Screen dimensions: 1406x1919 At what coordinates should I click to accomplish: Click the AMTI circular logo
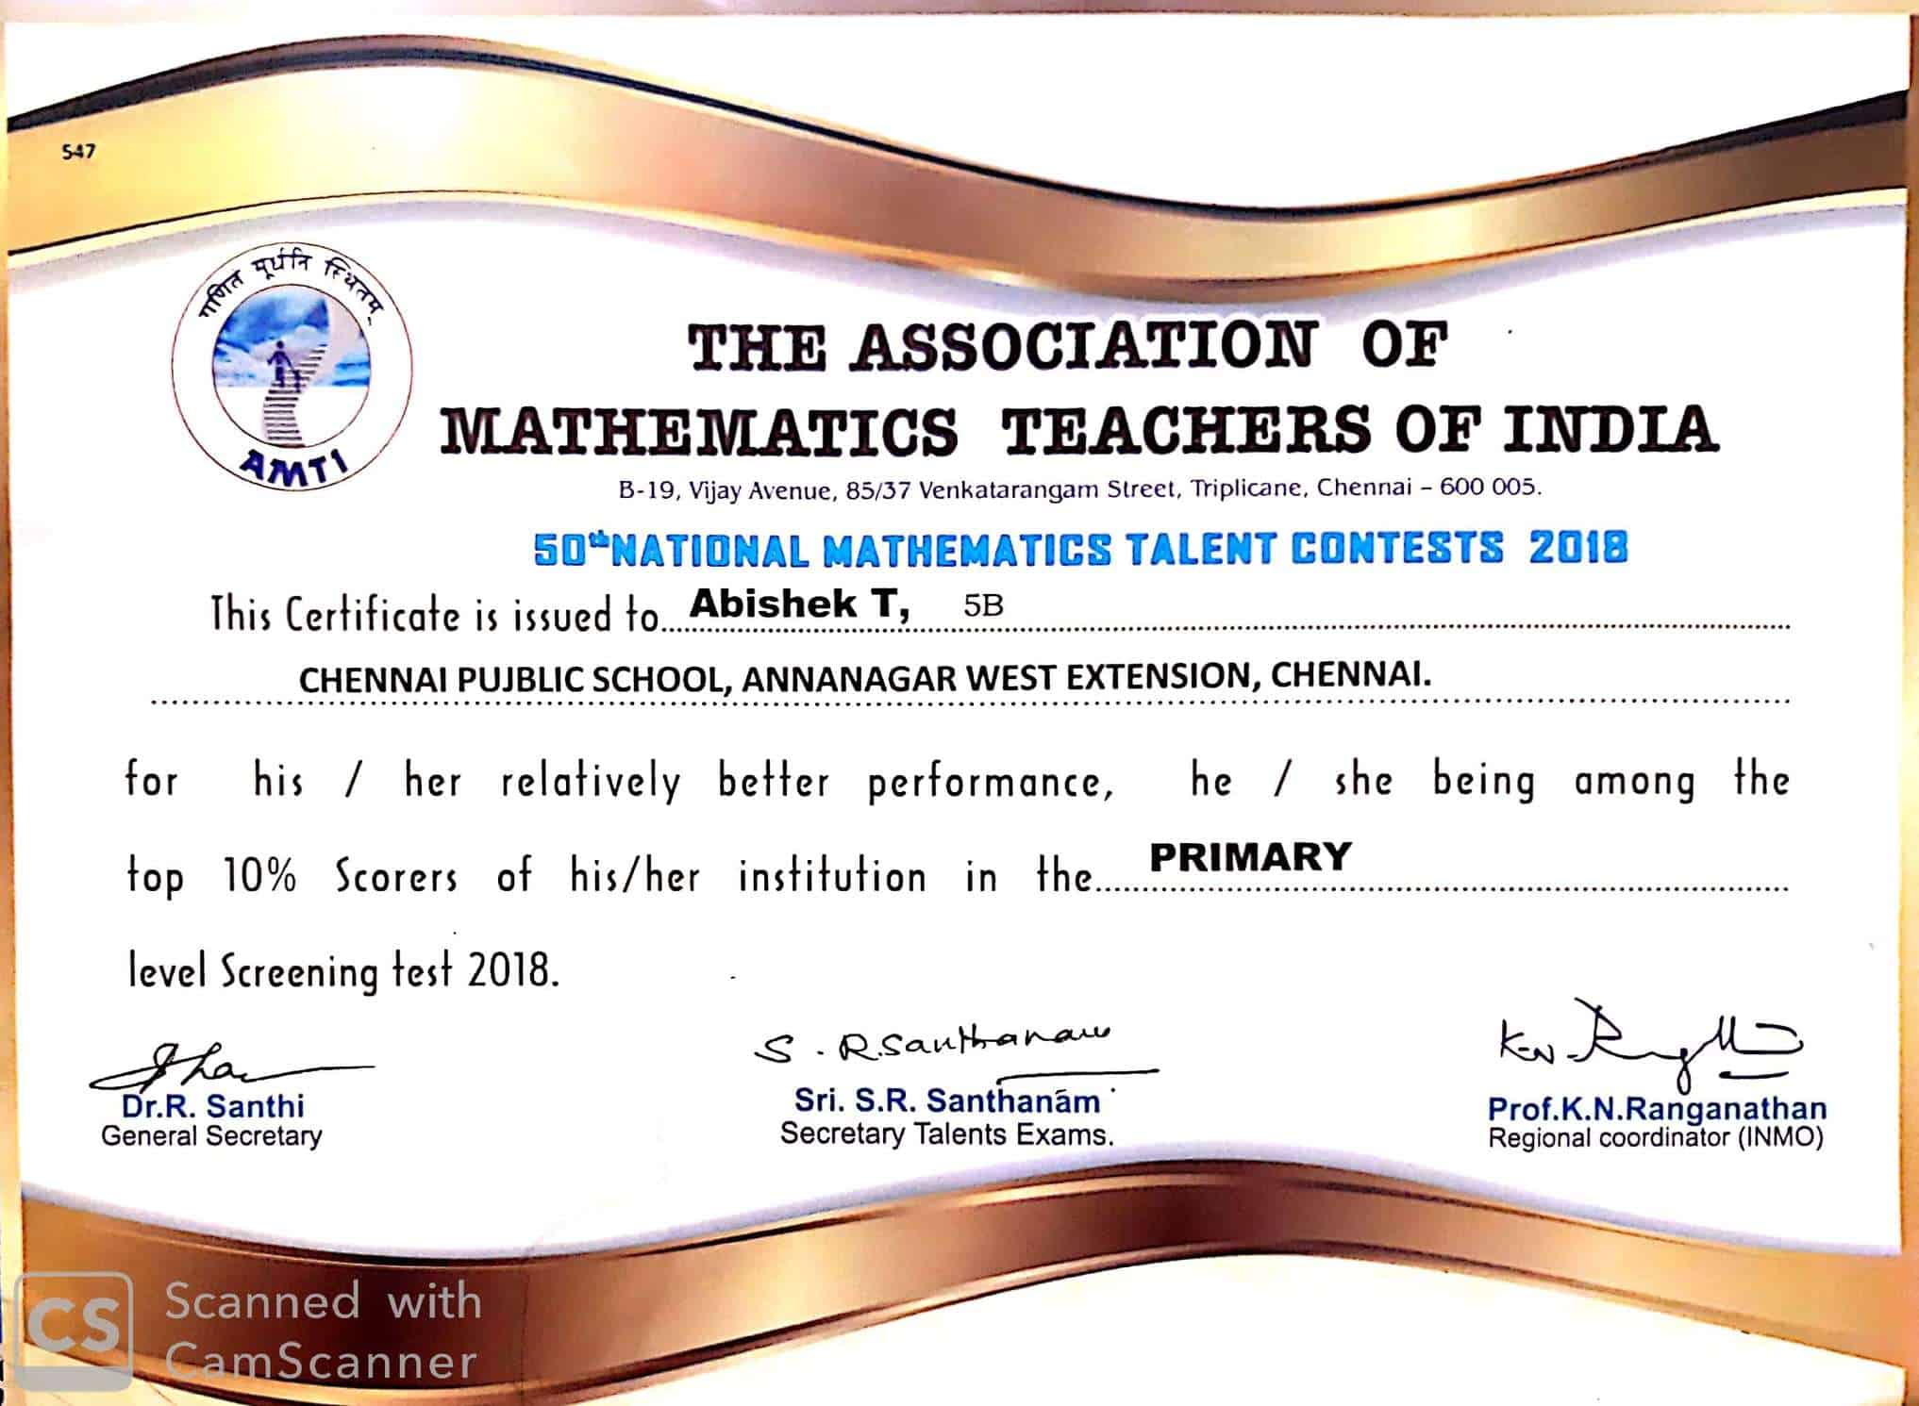pyautogui.click(x=292, y=369)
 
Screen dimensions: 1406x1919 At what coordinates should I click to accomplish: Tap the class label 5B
pyautogui.click(x=982, y=605)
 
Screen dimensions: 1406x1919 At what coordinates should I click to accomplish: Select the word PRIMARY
pyautogui.click(x=1250, y=857)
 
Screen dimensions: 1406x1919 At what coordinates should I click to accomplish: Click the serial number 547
pyautogui.click(x=78, y=151)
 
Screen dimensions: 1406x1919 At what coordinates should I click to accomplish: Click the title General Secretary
pyautogui.click(x=211, y=1136)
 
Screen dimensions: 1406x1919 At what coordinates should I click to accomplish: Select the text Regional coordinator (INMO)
pyautogui.click(x=1656, y=1138)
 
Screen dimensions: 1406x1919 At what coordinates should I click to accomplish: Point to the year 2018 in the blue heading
pyautogui.click(x=1578, y=548)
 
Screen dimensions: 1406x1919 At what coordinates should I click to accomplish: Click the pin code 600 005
pyautogui.click(x=1491, y=488)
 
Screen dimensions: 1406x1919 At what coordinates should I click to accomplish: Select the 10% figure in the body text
pyautogui.click(x=259, y=877)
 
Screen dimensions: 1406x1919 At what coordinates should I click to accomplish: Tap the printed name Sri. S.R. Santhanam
pyautogui.click(x=946, y=1100)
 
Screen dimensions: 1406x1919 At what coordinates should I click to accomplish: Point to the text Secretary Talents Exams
pyautogui.click(x=946, y=1134)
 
